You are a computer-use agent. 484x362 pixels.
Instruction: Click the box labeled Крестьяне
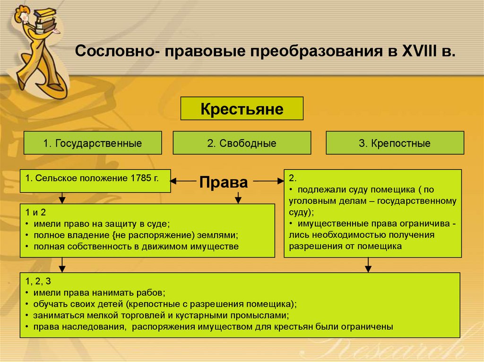point(242,109)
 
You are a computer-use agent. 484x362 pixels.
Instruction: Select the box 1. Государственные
point(93,143)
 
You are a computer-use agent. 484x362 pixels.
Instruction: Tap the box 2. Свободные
point(242,143)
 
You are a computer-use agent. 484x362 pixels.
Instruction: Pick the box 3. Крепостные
point(395,143)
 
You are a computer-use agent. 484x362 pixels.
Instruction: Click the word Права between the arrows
point(223,182)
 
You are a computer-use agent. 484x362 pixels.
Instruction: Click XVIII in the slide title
point(420,51)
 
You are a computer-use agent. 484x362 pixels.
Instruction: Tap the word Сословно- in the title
point(117,51)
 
